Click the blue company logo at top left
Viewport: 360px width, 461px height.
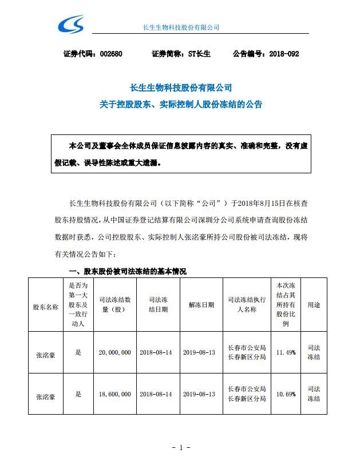coord(72,25)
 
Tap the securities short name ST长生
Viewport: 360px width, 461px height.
coord(199,54)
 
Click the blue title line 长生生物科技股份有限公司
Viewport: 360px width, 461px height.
coord(180,88)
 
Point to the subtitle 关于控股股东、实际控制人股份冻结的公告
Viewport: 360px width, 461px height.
coord(180,105)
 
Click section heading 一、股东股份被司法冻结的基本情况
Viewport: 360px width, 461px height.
coord(127,271)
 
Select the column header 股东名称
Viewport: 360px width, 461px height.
coord(46,306)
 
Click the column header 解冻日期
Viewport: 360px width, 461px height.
coord(201,305)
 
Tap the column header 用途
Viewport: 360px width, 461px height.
coord(314,305)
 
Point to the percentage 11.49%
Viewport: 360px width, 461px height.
coord(286,353)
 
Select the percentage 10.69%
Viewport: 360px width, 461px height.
coord(286,394)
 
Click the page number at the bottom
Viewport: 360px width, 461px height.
coord(180,447)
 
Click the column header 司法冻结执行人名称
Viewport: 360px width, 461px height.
coord(246,305)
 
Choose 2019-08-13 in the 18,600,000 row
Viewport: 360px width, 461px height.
coord(201,394)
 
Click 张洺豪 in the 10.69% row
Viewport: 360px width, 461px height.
coord(46,394)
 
